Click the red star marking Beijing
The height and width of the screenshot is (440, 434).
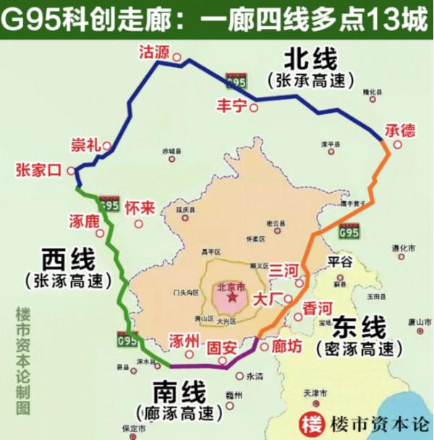(231, 297)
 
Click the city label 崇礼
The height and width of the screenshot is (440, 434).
(84, 144)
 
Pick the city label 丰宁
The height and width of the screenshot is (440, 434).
(231, 105)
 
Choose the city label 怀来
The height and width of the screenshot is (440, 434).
(140, 208)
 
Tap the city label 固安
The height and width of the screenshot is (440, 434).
(221, 348)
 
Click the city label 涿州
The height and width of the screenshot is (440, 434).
(182, 340)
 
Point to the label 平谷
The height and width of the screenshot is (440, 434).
(339, 260)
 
